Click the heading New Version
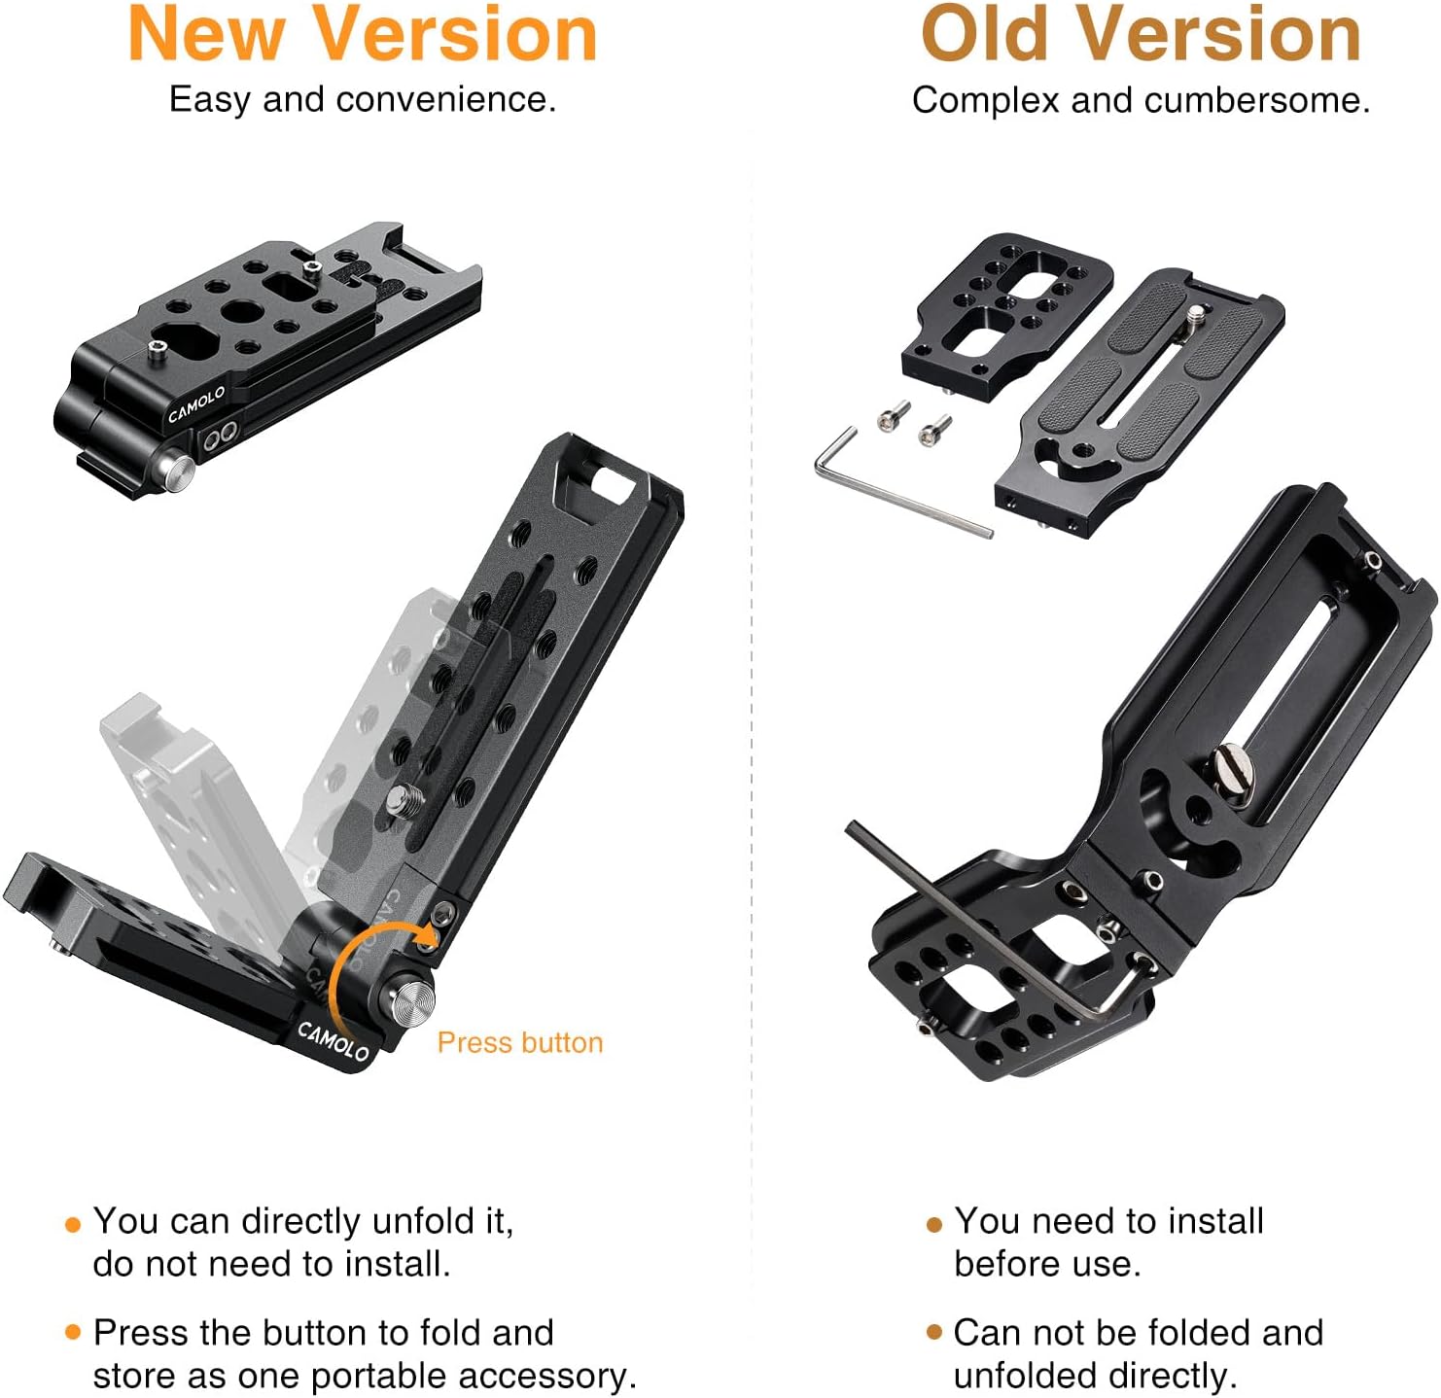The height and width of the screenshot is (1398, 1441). [362, 35]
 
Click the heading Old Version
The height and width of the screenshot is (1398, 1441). [1140, 35]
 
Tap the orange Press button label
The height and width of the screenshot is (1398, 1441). [519, 1042]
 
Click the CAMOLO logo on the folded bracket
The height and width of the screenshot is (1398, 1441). [195, 403]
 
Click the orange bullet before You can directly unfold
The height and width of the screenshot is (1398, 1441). [72, 1224]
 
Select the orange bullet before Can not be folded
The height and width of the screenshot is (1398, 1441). [933, 1332]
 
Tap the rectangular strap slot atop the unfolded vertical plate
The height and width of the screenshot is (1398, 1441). [609, 483]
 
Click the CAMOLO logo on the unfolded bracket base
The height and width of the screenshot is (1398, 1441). [333, 1041]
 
